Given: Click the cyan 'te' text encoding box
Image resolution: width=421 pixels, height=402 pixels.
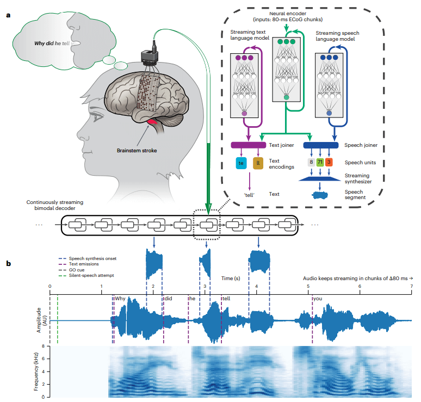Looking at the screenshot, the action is (x=241, y=163).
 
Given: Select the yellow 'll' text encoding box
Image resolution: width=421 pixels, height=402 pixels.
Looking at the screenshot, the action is (x=258, y=163).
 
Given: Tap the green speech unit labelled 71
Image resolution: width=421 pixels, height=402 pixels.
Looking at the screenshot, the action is (x=320, y=162).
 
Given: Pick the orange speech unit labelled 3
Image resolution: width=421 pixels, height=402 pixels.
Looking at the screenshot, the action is (x=329, y=162).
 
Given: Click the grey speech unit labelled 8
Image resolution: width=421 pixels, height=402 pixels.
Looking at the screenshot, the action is (x=311, y=162).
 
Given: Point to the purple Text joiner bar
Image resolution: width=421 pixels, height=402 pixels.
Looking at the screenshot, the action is (x=249, y=145).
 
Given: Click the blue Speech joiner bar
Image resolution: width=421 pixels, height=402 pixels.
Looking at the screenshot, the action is (x=321, y=145).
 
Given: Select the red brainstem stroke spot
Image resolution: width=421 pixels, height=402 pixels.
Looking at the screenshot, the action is (x=152, y=122).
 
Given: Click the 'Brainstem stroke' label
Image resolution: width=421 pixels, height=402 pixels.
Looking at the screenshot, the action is (x=137, y=151).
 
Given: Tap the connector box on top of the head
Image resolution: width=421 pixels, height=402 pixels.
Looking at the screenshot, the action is (x=150, y=57).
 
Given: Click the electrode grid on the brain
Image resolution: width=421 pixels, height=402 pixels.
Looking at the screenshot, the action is (x=148, y=93).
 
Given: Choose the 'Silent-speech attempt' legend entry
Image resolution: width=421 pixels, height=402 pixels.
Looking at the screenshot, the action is (x=86, y=275).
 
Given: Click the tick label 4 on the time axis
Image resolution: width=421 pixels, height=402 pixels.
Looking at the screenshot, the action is (x=256, y=286).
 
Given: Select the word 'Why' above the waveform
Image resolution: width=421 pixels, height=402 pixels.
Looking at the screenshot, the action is (x=120, y=299).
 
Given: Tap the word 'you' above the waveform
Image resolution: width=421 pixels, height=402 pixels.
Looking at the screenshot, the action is (x=318, y=299).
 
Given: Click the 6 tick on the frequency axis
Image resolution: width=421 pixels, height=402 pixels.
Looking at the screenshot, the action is (x=43, y=359).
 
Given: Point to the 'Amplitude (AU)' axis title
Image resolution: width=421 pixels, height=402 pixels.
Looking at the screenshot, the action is (x=42, y=320).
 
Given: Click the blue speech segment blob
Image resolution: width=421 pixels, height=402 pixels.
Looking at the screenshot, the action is (x=320, y=195).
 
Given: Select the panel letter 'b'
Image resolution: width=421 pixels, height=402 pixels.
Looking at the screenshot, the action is (x=9, y=263).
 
